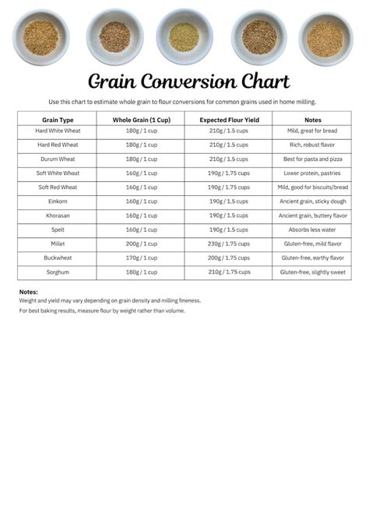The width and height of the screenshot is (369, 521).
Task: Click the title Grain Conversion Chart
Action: [188, 82]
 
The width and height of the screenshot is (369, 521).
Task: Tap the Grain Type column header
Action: [58, 120]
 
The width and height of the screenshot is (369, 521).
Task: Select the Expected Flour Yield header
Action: [229, 120]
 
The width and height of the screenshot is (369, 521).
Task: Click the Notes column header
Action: [312, 120]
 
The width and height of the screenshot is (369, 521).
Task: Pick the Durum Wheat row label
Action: [58, 159]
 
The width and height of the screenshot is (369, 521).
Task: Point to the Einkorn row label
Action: [58, 201]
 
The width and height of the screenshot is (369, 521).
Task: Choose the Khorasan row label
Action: [58, 215]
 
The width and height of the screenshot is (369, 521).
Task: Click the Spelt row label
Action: [58, 229]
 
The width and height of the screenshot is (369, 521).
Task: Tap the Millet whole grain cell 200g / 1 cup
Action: [141, 244]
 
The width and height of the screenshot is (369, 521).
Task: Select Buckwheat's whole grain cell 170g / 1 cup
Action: [141, 258]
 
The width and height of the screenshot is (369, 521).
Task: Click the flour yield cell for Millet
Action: [229, 244]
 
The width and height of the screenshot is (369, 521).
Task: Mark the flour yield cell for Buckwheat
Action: [229, 258]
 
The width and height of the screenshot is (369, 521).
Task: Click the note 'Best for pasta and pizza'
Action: [312, 159]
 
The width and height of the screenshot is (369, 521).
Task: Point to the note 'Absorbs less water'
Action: [312, 229]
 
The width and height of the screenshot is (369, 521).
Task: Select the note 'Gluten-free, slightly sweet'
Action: [312, 272]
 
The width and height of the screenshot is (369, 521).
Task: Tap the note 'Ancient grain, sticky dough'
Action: [312, 201]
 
